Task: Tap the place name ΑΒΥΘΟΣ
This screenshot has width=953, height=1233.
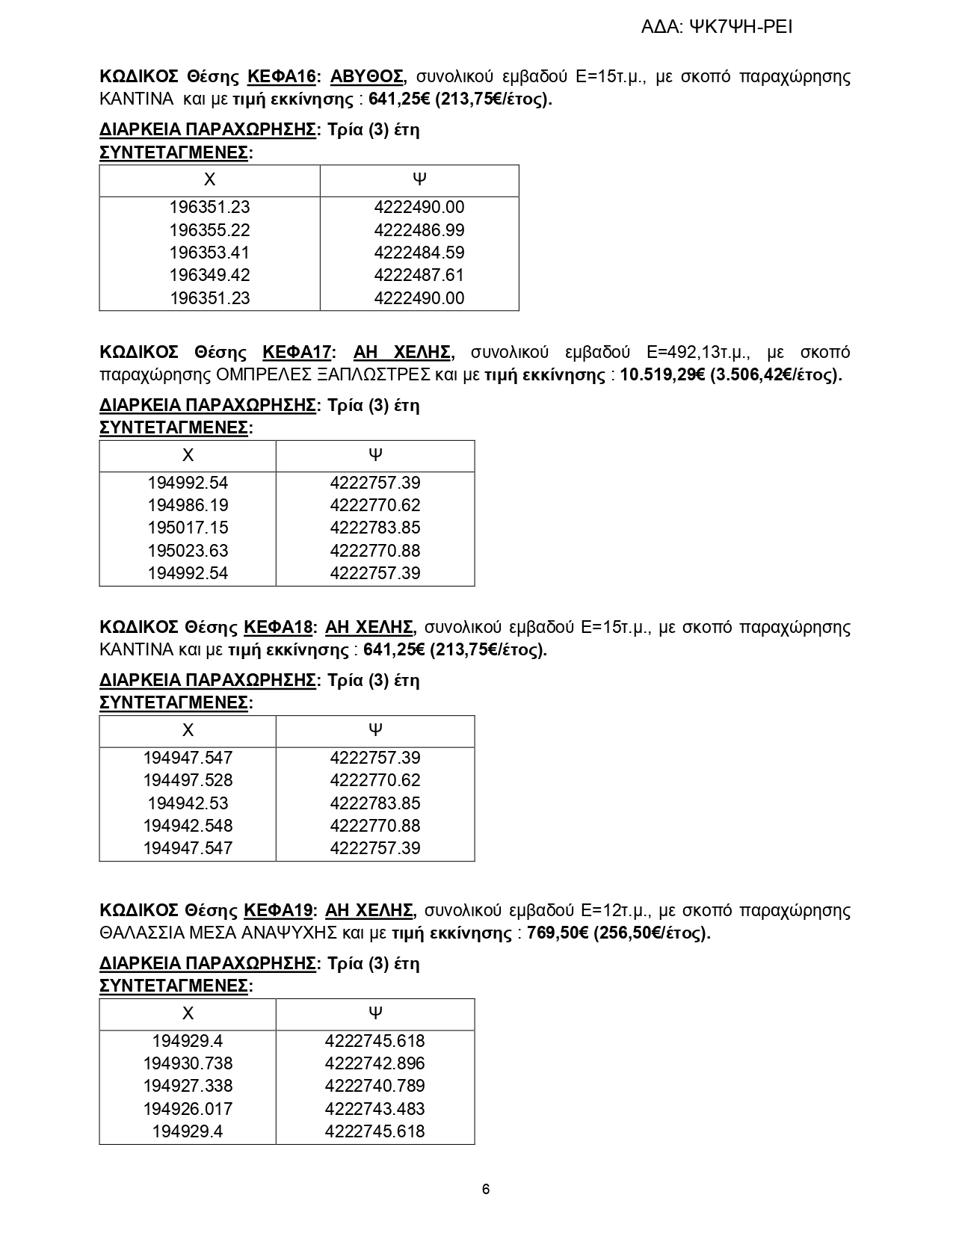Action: tap(367, 77)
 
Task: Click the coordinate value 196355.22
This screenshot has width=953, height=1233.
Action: tap(209, 230)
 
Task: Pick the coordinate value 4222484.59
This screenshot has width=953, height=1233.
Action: tap(419, 253)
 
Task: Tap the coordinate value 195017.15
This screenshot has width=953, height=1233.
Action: tap(188, 528)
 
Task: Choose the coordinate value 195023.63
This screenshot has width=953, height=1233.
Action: tap(188, 551)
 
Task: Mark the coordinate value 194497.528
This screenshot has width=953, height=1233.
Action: tap(188, 780)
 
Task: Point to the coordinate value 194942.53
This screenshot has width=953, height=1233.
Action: tap(188, 803)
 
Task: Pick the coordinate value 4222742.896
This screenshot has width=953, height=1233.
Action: tap(374, 1063)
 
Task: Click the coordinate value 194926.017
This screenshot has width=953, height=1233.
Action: tap(188, 1109)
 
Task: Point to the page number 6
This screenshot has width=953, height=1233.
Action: tap(486, 1190)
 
